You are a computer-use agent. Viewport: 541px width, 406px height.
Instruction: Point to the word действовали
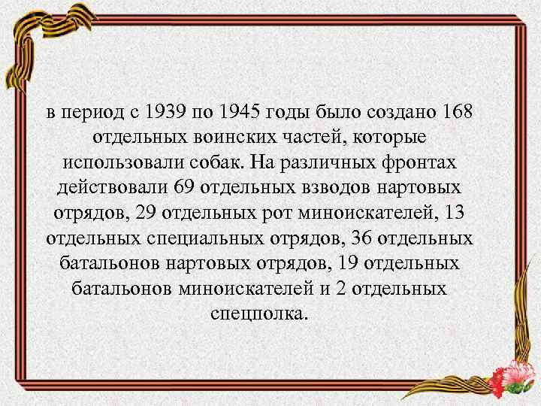tap(110, 188)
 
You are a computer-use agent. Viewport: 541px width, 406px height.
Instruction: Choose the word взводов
tap(351, 188)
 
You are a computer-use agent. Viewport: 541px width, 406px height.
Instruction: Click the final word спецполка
tap(270, 313)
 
